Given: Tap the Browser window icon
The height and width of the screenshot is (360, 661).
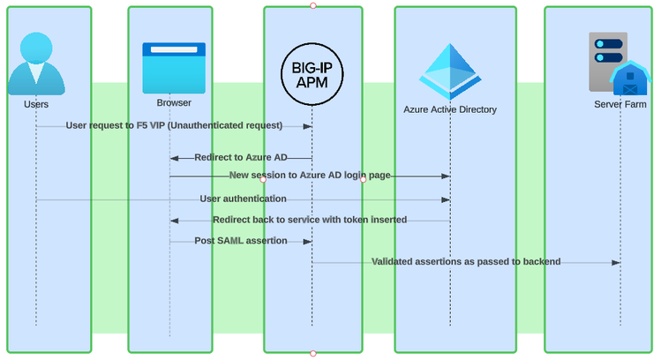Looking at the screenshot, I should coord(174,68).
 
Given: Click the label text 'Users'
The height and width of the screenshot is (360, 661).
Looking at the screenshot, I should coord(36,104).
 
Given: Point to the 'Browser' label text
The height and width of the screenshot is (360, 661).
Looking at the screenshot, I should coord(174,103).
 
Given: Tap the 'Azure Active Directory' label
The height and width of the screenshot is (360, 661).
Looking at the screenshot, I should coord(450,110).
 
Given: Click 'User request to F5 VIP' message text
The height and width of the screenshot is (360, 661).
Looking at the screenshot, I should coord(174,125).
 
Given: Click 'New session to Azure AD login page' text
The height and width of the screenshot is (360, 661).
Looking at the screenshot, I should coord(310,176).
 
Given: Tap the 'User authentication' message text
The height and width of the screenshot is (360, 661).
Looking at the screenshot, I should coord(243,199).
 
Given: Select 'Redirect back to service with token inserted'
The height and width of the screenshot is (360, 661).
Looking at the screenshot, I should coord(310,220).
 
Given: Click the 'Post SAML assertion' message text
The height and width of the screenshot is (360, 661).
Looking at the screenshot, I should coord(241,240).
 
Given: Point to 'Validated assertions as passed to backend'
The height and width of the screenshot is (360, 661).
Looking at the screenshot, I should coord(466,261).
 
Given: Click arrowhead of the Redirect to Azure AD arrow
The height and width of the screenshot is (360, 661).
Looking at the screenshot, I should coord(175,158).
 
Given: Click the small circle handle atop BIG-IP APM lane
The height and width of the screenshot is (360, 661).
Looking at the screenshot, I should coord(312,5).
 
